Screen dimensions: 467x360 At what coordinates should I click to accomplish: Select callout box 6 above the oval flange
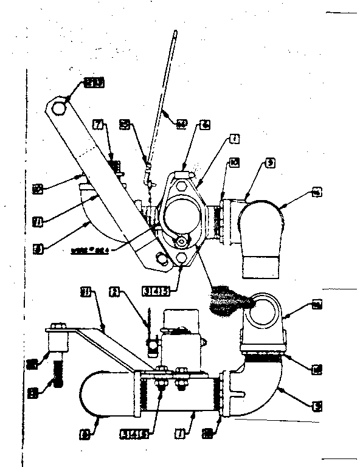pos(206,123)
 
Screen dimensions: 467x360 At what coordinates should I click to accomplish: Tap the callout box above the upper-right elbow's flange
pos(270,162)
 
